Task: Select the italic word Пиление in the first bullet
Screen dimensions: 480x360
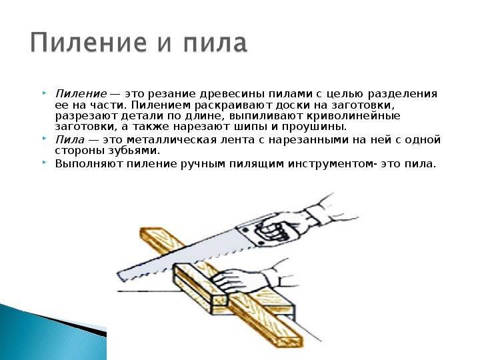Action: coord(81,94)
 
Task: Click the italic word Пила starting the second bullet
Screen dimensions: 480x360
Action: coord(70,140)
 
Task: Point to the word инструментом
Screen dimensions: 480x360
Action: coord(331,164)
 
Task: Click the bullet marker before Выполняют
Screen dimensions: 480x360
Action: coord(45,163)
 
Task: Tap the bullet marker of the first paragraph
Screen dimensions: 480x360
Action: coord(45,93)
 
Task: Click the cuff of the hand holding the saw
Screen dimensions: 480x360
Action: coord(316,214)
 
